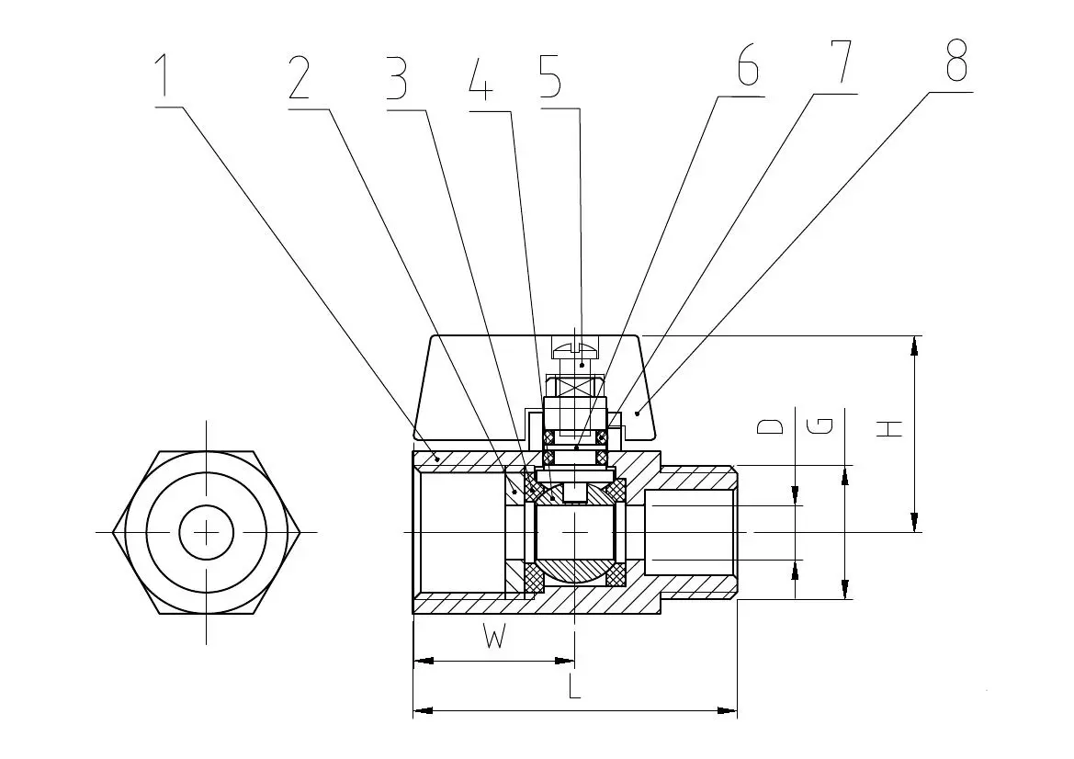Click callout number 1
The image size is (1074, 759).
coord(163,77)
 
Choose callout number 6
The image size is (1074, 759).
coord(747,65)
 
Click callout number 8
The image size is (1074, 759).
coord(955,61)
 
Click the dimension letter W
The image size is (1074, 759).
coord(494,638)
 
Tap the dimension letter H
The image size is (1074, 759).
coord(888,427)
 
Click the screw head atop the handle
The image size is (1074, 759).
coord(575,347)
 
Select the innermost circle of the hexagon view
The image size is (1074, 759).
coord(207,532)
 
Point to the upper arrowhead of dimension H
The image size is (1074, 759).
coord(914,345)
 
